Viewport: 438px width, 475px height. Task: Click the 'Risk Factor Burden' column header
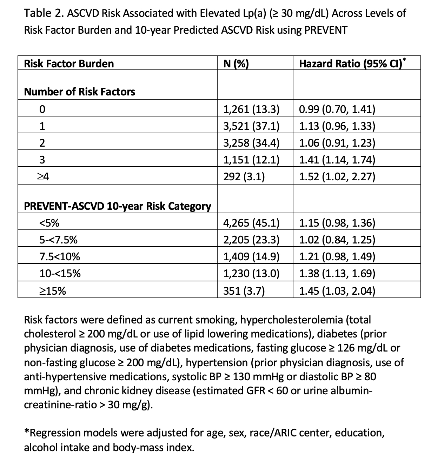pos(69,63)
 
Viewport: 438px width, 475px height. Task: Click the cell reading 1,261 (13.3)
pos(251,109)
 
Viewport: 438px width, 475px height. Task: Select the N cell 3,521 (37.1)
pos(251,126)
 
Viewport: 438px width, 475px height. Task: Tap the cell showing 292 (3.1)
pos(244,177)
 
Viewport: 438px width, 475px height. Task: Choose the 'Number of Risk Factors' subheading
pos(79,92)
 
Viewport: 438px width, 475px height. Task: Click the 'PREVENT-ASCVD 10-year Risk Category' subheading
pos(118,206)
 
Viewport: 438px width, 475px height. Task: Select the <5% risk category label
pos(49,223)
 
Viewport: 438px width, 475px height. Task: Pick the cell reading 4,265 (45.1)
pos(251,223)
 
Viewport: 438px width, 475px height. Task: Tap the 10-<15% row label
pos(60,274)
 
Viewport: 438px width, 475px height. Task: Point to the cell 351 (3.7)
pos(244,291)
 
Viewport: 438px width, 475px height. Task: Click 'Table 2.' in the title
pos(43,13)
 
